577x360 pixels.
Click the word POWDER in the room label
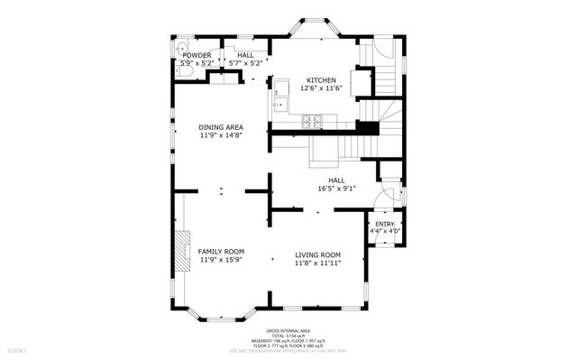tap(196, 55)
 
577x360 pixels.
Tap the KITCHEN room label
tap(323, 79)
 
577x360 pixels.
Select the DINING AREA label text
tap(221, 127)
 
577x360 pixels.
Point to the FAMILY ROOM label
tap(221, 252)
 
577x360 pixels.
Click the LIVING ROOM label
tap(317, 254)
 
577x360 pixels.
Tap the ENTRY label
tap(385, 223)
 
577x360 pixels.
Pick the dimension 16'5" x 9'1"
tap(337, 189)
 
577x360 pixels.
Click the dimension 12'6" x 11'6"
tap(323, 88)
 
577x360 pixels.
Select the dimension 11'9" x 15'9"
tap(221, 260)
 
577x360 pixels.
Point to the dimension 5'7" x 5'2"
tap(245, 63)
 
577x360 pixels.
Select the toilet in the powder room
tap(181, 51)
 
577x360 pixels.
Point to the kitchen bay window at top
tap(316, 30)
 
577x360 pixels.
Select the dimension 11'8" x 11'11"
tap(317, 263)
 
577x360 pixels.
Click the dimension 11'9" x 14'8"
tap(221, 135)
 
